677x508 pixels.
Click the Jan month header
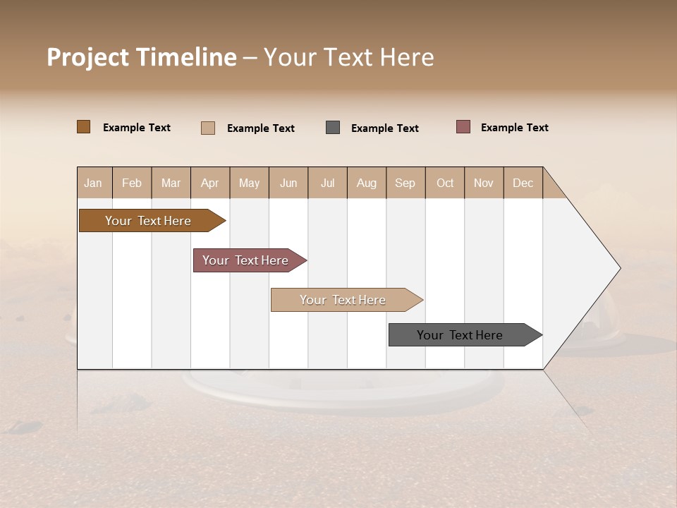(94, 183)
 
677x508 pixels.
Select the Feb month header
(132, 183)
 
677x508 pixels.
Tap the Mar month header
(171, 183)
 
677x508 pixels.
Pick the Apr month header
(210, 183)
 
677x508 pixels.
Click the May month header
(249, 183)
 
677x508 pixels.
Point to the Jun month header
(288, 183)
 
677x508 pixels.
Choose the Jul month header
(327, 183)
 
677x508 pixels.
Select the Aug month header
(367, 183)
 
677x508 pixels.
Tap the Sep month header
(405, 183)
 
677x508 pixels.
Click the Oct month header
(445, 183)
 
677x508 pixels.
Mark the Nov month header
(484, 183)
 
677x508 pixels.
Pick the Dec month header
(523, 183)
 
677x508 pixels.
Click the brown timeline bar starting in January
(149, 221)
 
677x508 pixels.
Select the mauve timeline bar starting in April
(246, 260)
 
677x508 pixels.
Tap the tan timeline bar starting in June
(343, 300)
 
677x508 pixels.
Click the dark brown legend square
(84, 127)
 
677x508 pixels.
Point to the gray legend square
(333, 128)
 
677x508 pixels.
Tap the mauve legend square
(463, 127)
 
